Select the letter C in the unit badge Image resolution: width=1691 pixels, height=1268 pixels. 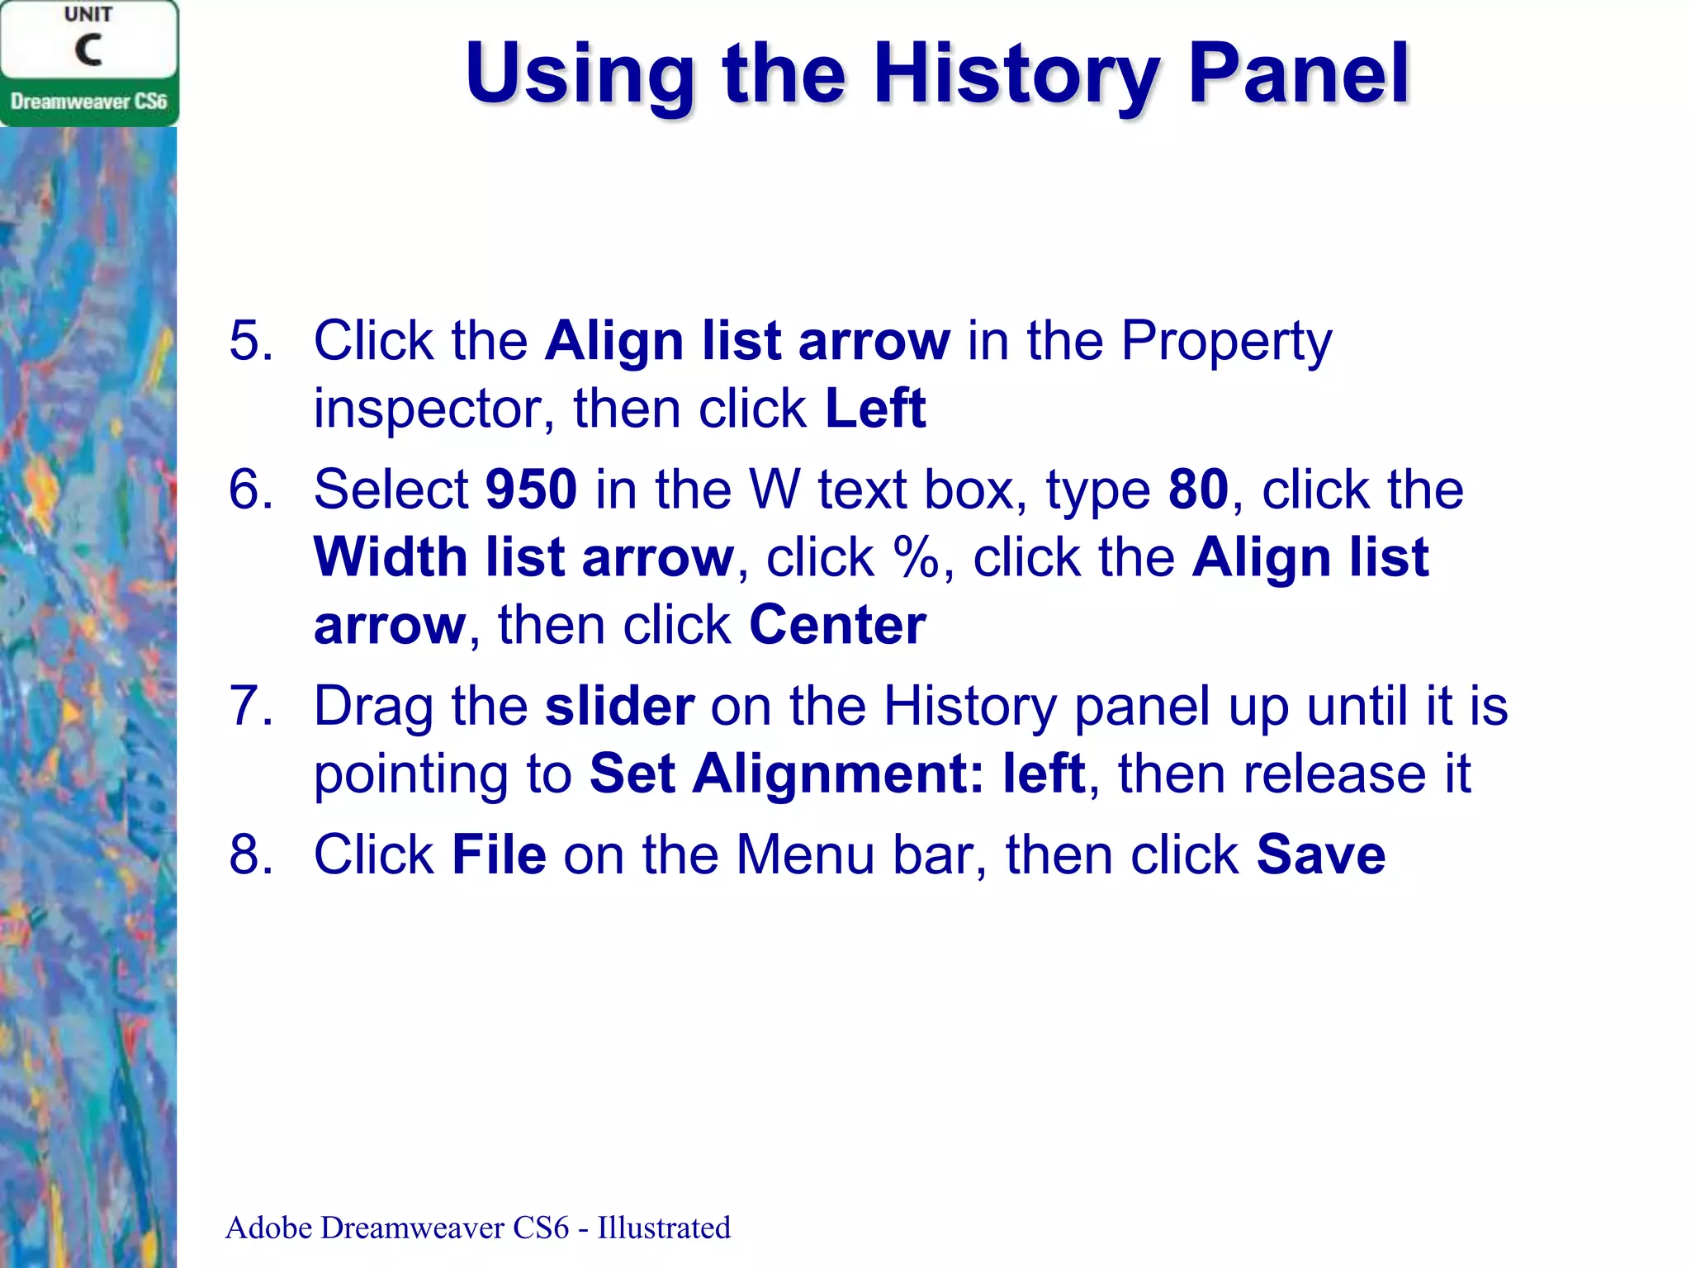point(88,50)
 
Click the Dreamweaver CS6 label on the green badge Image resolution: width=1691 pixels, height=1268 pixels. point(88,102)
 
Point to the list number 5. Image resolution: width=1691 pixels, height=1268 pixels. point(251,340)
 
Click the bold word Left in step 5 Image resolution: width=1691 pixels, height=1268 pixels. point(875,408)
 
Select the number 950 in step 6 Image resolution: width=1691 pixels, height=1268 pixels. point(531,489)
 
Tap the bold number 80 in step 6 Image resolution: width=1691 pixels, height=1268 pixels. point(1198,489)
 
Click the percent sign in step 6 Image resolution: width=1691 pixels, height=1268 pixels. point(917,557)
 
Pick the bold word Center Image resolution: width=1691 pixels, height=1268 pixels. point(837,625)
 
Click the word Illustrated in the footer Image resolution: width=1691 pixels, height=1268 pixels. point(664,1228)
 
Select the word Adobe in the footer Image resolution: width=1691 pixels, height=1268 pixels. point(269,1228)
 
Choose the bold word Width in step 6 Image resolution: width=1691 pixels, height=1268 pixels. point(391,557)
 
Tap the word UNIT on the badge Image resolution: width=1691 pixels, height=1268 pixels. point(88,15)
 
